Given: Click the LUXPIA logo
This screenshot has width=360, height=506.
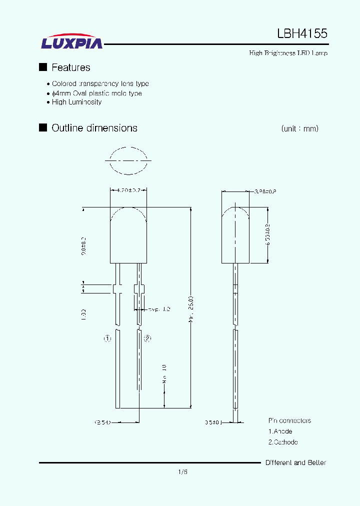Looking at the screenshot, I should point(72,42).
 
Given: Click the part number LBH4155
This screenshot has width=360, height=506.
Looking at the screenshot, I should point(302,33).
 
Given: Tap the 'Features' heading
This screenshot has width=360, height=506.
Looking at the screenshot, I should point(70,67).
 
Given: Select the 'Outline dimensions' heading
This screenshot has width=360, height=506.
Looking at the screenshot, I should point(94,128).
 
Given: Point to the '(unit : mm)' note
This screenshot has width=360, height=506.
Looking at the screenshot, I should point(299,128).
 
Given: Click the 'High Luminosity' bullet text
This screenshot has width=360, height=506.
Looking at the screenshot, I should point(76,102).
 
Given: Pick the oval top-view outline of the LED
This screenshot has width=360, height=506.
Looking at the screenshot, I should point(128,160).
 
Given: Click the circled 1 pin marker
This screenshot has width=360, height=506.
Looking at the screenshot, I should point(107,338).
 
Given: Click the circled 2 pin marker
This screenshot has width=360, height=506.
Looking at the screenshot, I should point(147,338).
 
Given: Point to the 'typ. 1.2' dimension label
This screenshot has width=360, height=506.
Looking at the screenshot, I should point(159,309).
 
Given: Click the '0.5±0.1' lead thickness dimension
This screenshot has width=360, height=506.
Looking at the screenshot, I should point(213,422).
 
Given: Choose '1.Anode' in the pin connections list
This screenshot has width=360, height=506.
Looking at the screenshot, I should point(280,431).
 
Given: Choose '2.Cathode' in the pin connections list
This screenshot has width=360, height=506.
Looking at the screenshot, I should point(283,442).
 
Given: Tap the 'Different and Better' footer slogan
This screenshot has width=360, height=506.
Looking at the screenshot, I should point(295,462).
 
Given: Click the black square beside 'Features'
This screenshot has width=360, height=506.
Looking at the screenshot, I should point(43,67).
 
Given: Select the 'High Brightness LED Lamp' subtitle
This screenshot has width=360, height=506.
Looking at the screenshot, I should point(288,53).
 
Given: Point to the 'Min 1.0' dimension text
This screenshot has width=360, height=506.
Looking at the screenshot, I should point(164,374).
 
